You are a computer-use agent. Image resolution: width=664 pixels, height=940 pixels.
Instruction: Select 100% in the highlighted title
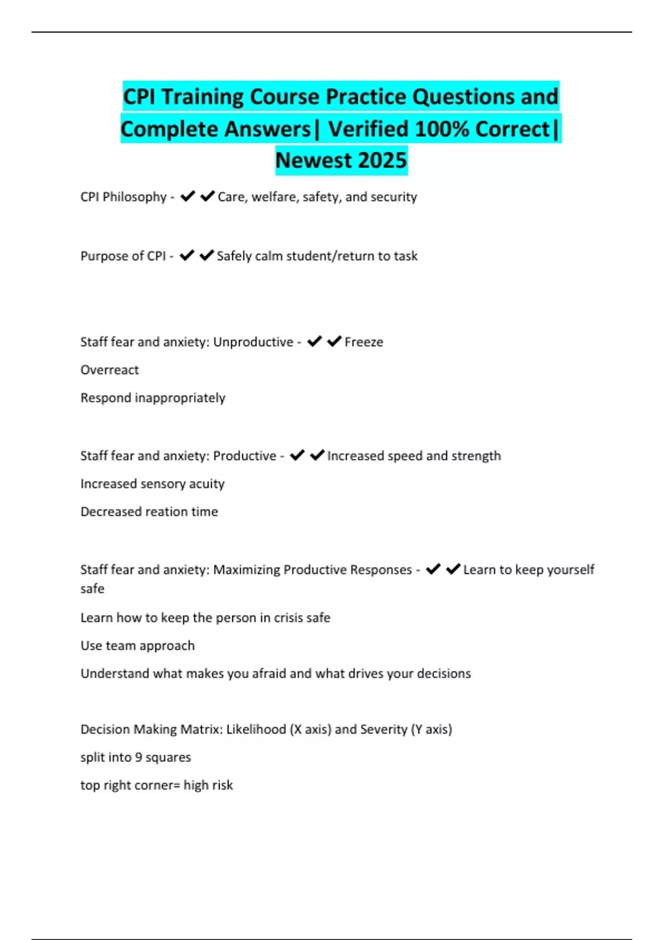point(442,129)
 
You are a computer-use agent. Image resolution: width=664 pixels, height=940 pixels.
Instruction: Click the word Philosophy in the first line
point(134,197)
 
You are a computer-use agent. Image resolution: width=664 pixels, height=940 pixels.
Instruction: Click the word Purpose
point(104,256)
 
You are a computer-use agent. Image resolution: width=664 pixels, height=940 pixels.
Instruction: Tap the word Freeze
point(364,342)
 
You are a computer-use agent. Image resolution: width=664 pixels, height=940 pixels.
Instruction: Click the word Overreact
point(110,370)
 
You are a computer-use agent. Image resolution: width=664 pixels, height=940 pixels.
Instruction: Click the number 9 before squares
point(138,758)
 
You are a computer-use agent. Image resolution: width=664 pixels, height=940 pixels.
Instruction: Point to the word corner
point(152,785)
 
